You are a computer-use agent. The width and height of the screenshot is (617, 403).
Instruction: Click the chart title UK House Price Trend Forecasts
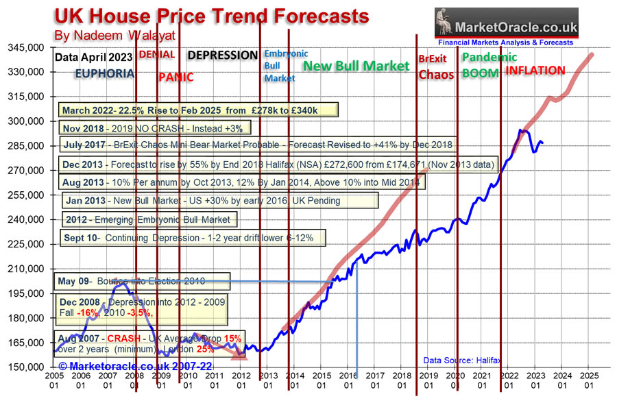pos(211,15)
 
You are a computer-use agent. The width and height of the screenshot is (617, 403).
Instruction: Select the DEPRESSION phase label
pos(223,56)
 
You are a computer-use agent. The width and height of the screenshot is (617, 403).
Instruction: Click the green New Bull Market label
pos(356,66)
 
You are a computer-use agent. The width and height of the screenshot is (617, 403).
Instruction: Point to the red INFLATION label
pos(535,71)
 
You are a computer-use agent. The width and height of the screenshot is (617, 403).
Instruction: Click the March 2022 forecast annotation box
pos(197,111)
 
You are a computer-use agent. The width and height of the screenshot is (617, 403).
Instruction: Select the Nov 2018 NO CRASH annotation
pos(151,127)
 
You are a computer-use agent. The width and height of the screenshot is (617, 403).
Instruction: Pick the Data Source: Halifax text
pos(455,359)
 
